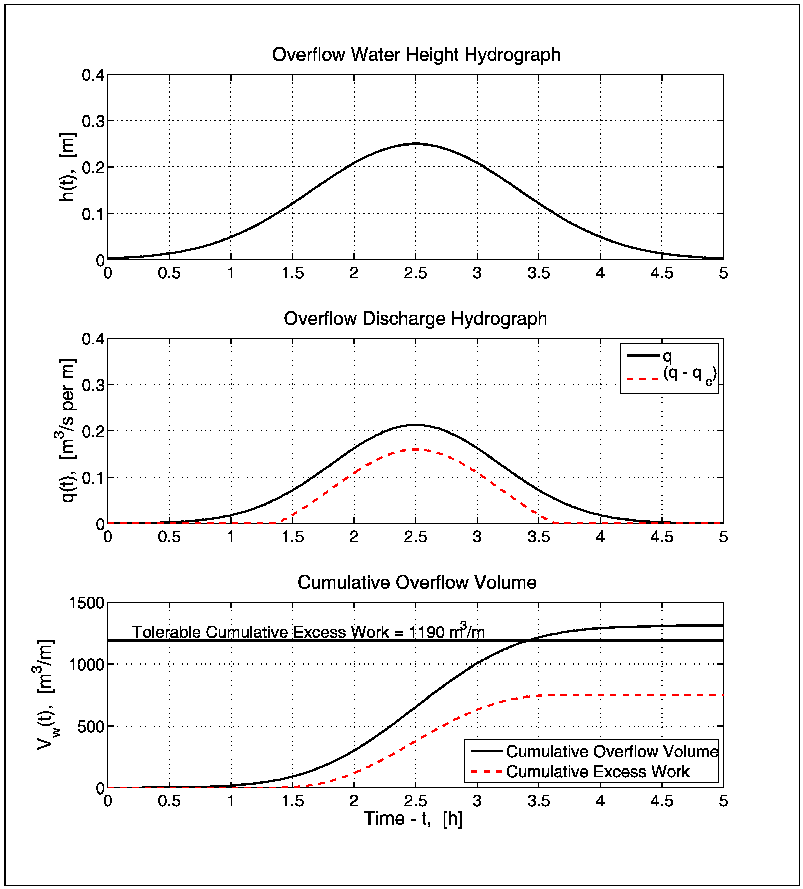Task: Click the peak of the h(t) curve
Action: pyautogui.click(x=415, y=144)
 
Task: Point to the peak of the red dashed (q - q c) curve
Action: pyautogui.click(x=415, y=449)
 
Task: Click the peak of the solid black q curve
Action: pyautogui.click(x=415, y=425)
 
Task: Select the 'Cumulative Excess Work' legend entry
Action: pyautogui.click(x=598, y=771)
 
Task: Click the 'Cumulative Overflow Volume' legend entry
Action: pyautogui.click(x=612, y=751)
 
